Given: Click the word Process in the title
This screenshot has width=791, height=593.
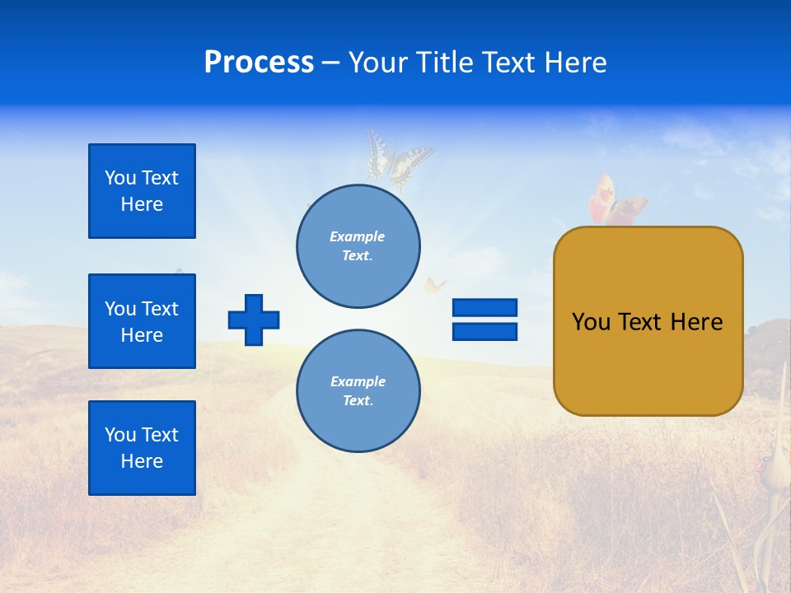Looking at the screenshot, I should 259,63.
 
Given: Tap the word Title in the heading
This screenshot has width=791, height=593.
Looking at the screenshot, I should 442,63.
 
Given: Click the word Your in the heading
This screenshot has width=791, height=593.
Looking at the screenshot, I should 377,63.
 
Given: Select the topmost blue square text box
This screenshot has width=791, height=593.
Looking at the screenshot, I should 142,191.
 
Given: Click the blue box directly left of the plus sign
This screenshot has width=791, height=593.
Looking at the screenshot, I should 142,321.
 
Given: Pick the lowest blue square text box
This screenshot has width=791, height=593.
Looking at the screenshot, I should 142,448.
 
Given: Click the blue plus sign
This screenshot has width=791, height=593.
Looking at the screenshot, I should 254,320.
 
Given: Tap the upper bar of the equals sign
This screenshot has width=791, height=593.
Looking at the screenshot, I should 484,307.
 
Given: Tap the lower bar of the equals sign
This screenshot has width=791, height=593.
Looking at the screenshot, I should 484,331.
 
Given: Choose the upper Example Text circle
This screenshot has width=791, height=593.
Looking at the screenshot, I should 358,246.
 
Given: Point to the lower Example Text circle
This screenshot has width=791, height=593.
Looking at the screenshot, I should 358,391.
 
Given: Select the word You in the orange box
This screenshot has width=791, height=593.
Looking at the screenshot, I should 590,322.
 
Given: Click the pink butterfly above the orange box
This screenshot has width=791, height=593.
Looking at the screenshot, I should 615,203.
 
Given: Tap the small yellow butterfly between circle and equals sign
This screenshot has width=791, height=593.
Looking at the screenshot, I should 434,286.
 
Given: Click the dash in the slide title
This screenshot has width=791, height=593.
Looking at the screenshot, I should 330,63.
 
